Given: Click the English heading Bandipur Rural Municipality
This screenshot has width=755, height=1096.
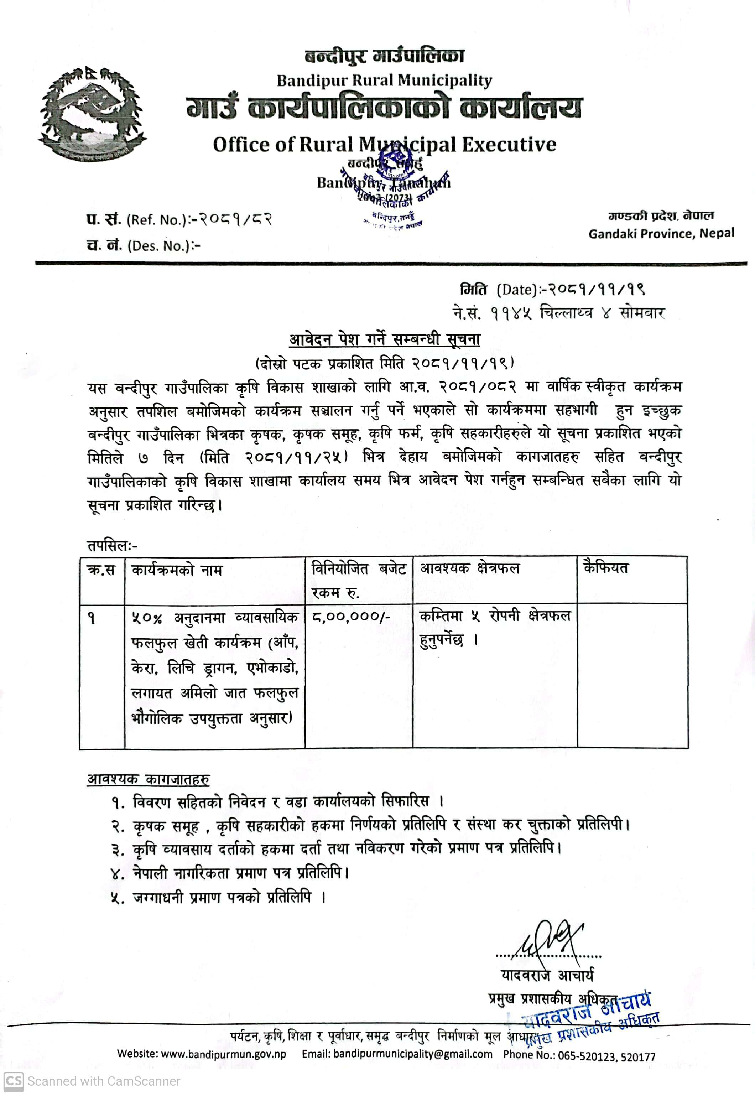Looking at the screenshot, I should click(384, 80).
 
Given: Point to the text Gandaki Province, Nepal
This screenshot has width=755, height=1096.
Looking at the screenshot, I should click(661, 234).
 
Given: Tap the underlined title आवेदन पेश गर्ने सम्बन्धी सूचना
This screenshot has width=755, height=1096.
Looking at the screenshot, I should click(385, 340).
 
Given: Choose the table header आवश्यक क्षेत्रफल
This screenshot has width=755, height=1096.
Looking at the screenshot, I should click(470, 568).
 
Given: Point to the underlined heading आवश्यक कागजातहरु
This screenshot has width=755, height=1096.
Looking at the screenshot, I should click(148, 780).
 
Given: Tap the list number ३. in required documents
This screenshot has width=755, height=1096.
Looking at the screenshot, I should click(118, 850).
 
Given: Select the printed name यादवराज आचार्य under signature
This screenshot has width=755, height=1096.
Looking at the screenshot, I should click(547, 975).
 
